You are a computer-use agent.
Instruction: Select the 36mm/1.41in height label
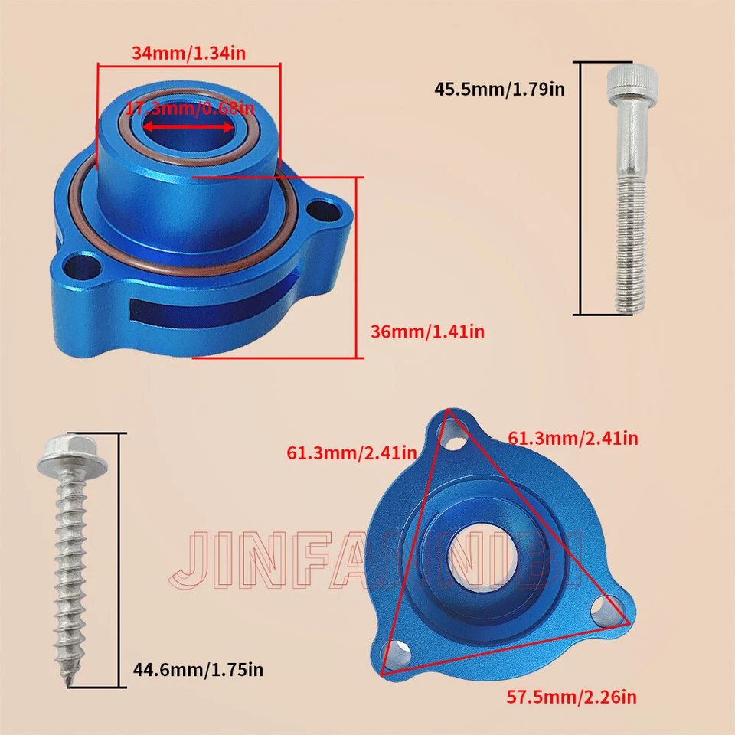click(427, 332)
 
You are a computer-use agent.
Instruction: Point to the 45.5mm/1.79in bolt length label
click(499, 89)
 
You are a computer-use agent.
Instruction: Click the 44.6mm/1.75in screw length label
click(198, 670)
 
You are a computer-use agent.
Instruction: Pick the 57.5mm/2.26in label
click(571, 697)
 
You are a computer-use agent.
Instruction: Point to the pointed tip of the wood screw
click(73, 680)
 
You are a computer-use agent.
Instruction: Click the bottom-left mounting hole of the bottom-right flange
click(400, 652)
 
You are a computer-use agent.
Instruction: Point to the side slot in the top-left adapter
click(207, 309)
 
